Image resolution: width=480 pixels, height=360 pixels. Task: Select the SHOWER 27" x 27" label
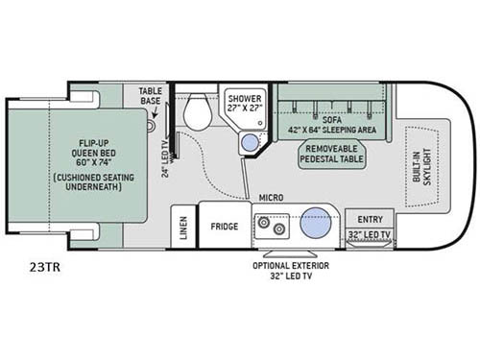(243, 102)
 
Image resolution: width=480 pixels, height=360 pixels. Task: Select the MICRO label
(270, 198)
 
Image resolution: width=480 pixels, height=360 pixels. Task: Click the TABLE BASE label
(152, 95)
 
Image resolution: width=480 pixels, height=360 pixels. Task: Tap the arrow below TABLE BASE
(152, 111)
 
